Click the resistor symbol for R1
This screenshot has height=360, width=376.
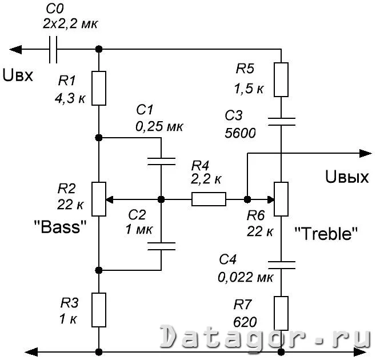pos(99,88)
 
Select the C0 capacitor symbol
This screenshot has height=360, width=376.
pos(55,49)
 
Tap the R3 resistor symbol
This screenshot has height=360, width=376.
pos(99,309)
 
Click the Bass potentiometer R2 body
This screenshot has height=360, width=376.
pos(99,199)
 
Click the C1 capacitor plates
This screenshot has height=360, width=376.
pos(161,159)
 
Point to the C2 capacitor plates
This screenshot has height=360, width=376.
pos(161,246)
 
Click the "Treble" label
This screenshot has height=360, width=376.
pos(326,233)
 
